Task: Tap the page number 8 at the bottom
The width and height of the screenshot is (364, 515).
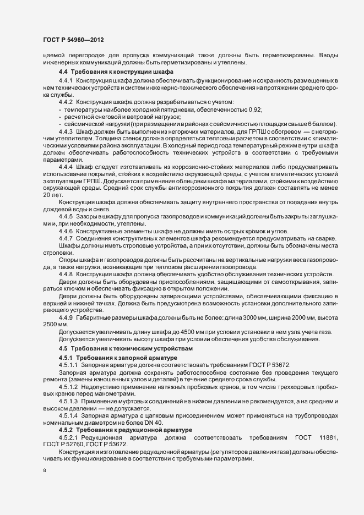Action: (45, 472)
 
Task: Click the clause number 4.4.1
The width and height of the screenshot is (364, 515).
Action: (66, 81)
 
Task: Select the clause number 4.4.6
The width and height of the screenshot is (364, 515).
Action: (66, 231)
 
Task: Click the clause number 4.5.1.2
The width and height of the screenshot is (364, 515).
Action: (69, 387)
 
